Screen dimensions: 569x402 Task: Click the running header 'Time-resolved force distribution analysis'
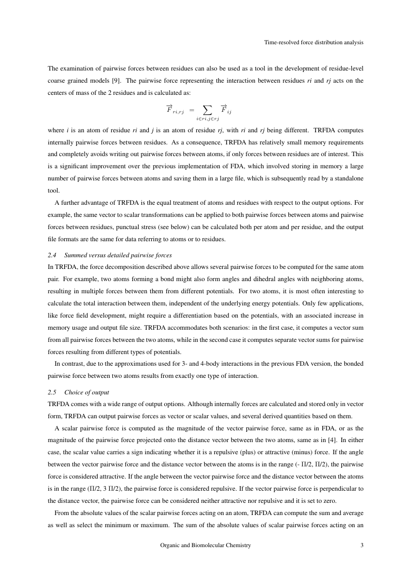click(x=314, y=43)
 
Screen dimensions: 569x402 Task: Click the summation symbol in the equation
click(x=207, y=108)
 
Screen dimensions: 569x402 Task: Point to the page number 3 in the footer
click(x=362, y=546)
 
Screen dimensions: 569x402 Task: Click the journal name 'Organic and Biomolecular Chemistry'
click(x=206, y=546)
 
